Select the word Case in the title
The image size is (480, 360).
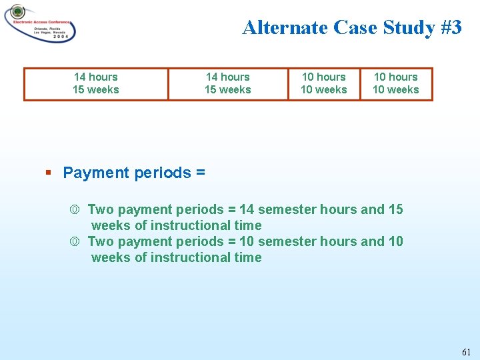(x=356, y=27)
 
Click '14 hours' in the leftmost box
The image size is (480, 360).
(x=96, y=77)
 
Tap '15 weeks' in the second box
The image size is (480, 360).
(x=228, y=90)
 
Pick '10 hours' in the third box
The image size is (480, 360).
(x=324, y=77)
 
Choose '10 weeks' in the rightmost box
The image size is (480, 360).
(x=396, y=90)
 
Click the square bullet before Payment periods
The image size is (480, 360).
(x=49, y=173)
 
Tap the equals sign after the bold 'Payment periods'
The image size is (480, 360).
(x=201, y=173)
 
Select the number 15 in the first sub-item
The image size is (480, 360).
(x=395, y=209)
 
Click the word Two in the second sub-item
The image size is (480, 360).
(x=101, y=241)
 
